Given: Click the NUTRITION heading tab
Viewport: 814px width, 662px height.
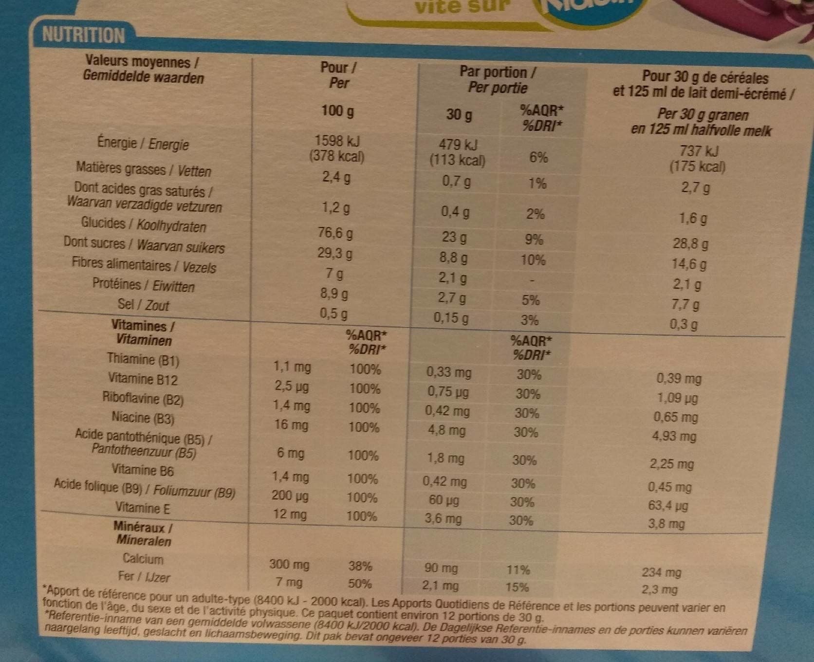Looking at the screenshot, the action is [83, 35].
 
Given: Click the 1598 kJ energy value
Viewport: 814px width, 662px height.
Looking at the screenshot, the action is [337, 141].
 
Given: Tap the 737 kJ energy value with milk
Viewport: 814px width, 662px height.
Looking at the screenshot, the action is [698, 151].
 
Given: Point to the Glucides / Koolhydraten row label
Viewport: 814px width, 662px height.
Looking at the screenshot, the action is [144, 224].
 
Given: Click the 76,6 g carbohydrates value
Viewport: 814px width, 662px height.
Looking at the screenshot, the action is [335, 233].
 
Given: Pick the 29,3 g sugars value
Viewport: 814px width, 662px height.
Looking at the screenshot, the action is [335, 253].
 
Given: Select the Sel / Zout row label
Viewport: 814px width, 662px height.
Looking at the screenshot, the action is [143, 305].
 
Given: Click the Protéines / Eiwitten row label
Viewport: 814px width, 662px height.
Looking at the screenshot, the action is [144, 285].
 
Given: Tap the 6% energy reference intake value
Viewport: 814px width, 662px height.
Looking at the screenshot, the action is [538, 157].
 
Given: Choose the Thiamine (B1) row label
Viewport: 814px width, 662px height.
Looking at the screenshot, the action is [143, 360].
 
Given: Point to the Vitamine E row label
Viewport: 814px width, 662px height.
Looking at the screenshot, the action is [143, 508].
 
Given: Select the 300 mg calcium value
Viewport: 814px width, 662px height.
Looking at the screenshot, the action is [289, 564].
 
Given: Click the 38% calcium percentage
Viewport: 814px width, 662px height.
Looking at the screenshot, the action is [360, 566].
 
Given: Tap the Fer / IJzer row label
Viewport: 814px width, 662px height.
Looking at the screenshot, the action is [144, 577].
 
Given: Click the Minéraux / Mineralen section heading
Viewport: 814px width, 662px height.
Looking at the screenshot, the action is [143, 533].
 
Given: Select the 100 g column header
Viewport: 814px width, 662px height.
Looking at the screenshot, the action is [337, 111].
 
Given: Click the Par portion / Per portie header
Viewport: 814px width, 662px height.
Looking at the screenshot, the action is [498, 80].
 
